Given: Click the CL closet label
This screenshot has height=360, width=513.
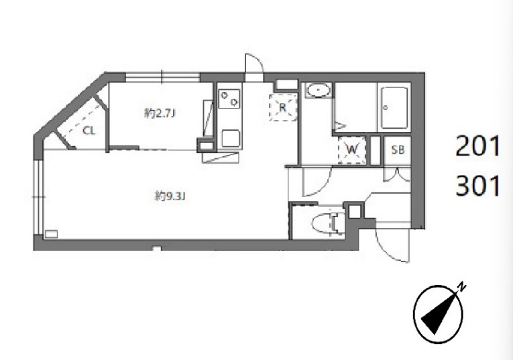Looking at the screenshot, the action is coord(89,131).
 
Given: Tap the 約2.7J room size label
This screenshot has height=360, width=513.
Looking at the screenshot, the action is coord(160,113).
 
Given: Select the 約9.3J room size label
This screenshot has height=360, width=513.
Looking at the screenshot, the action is coord(170,196).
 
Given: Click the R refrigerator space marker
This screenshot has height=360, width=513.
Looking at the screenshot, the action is coord(283,107).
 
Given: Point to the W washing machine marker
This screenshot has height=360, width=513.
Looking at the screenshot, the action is coord(351,150).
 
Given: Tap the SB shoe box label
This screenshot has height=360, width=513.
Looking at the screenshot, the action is coord(398,149).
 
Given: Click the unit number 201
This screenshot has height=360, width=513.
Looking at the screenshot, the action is coord(477,146).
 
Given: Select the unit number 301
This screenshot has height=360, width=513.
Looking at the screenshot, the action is coord(477,186).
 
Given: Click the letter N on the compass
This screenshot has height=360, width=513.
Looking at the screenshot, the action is coord(461,287).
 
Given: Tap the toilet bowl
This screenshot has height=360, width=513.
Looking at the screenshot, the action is coord(328,224).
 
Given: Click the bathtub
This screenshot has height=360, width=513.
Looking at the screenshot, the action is coord(394,107).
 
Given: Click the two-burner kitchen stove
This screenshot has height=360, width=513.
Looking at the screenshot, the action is coord(229,99).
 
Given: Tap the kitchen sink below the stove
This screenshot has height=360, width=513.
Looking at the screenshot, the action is coord(231,138).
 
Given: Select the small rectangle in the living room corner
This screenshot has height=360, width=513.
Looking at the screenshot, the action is coord(51,234).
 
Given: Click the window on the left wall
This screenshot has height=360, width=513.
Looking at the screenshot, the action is coord(39,197).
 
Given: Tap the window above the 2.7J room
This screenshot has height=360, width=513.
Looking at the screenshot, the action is coord(162,77).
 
